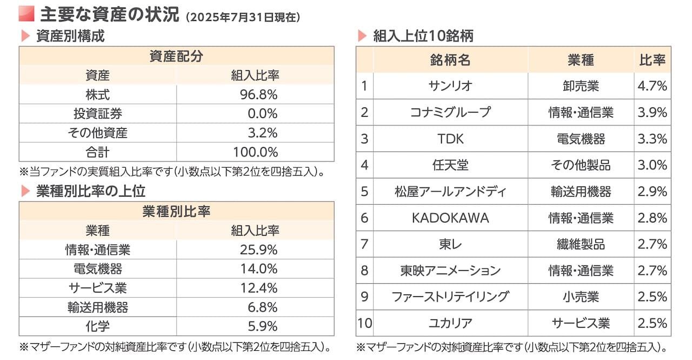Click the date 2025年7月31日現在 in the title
tap(242, 17)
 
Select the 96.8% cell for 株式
tap(258, 95)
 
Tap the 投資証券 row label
tap(97, 114)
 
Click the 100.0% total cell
tap(255, 152)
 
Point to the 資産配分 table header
tap(176, 56)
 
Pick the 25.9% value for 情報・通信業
tap(258, 250)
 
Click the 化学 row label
tap(97, 326)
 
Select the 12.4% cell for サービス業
tap(258, 288)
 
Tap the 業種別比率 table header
tap(176, 212)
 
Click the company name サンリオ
tap(450, 86)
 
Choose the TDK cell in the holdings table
tap(450, 139)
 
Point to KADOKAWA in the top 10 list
tap(450, 218)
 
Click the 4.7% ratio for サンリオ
tap(652, 86)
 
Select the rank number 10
tap(364, 323)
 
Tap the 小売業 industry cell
tap(581, 297)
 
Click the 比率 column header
tap(652, 59)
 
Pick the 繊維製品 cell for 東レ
tap(581, 244)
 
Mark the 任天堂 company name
tap(450, 165)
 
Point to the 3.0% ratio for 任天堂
tap(652, 165)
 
